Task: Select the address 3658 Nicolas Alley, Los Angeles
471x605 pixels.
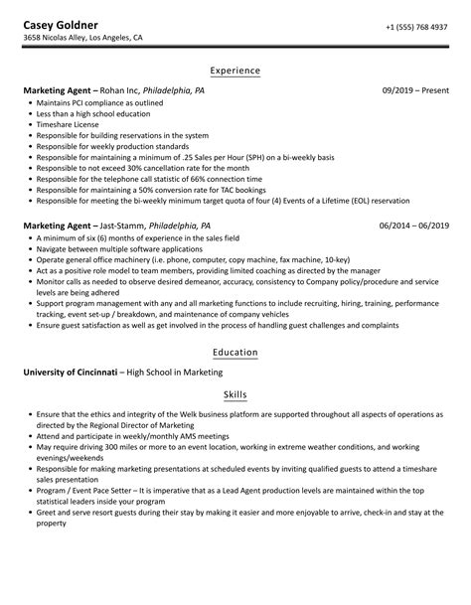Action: [x=83, y=40]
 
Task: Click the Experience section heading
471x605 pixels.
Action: [x=235, y=71]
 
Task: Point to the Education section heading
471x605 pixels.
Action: [x=235, y=352]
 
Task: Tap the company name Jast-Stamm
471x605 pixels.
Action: [x=123, y=226]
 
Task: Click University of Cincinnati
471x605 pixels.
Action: [x=69, y=373]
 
